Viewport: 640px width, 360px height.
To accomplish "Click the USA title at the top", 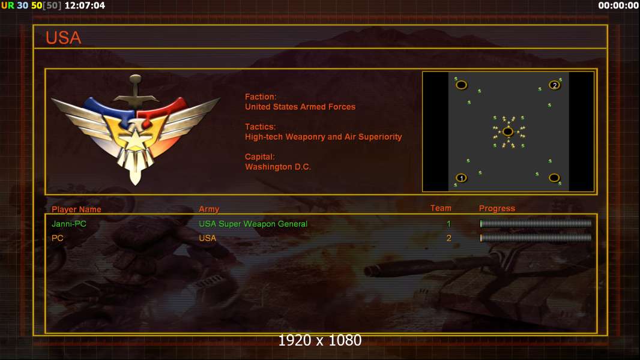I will [63, 38].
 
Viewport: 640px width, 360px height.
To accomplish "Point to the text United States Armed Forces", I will [300, 107].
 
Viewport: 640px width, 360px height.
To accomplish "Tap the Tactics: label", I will [260, 127].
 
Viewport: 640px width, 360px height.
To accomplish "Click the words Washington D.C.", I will [277, 167].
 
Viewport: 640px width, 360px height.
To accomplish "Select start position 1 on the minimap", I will [461, 178].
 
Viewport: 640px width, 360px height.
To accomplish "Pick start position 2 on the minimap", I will [555, 85].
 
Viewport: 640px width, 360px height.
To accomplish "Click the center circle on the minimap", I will [508, 131].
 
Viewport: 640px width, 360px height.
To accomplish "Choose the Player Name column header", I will [76, 209].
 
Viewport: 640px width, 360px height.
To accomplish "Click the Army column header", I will [209, 209].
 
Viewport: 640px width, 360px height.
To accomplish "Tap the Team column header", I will [441, 208].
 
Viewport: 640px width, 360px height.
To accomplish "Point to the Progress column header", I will [497, 208].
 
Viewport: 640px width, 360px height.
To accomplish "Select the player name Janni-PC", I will [69, 224].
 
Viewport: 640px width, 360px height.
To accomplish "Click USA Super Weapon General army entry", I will [253, 224].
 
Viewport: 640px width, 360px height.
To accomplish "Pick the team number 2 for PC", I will [448, 238].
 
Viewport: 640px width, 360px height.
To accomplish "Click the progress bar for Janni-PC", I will [536, 224].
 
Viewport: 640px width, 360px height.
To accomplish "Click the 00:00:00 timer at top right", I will [618, 5].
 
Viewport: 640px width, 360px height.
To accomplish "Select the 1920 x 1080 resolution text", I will [319, 340].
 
